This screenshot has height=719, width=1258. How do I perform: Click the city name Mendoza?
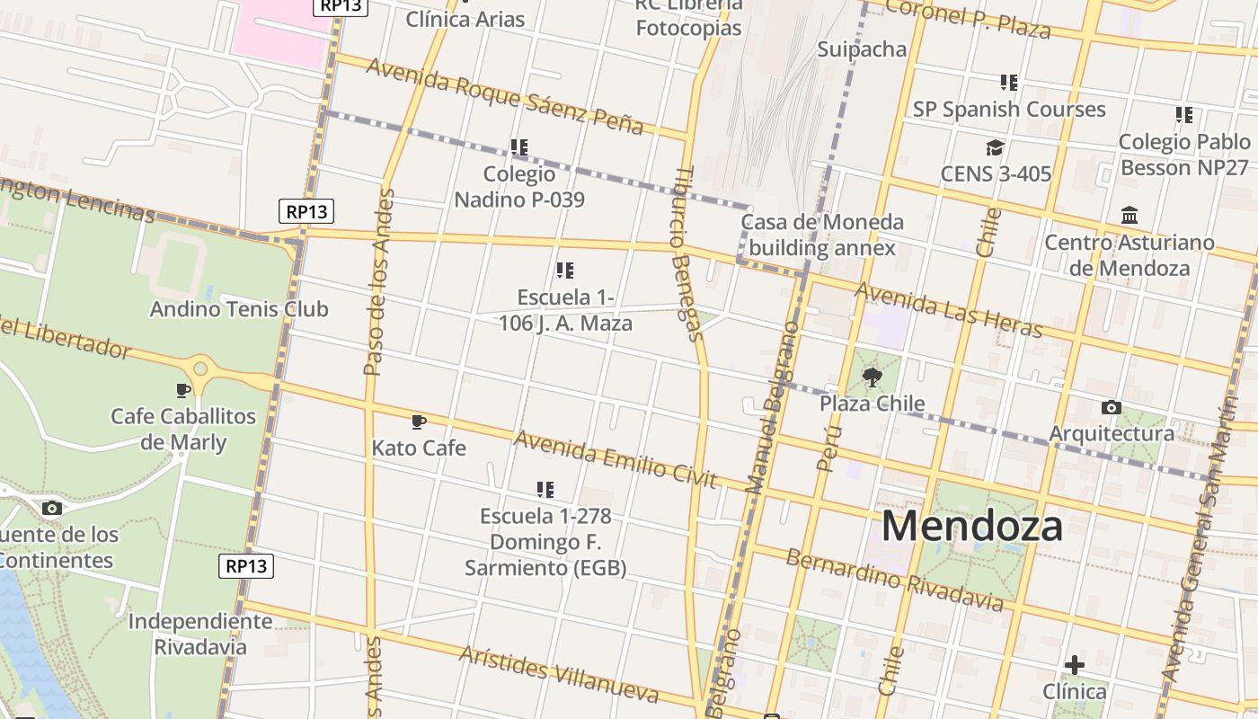(x=971, y=526)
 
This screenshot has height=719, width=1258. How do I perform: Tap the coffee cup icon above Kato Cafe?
(x=418, y=421)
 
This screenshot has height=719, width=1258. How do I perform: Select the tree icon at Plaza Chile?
(x=872, y=377)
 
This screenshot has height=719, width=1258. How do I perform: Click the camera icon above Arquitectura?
(x=1111, y=408)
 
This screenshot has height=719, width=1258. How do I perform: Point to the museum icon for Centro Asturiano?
(x=1130, y=216)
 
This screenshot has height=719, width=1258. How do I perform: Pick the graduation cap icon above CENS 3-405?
(x=995, y=147)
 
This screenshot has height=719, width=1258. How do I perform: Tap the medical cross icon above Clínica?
(x=1074, y=665)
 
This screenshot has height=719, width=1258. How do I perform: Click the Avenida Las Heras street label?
(x=948, y=310)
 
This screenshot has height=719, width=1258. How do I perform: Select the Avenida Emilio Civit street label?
(x=616, y=459)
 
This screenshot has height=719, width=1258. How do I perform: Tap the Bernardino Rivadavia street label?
(x=894, y=580)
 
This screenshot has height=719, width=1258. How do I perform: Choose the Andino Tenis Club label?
(x=239, y=309)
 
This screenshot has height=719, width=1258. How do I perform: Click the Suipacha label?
(x=862, y=49)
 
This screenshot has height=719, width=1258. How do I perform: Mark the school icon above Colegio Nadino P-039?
(x=518, y=146)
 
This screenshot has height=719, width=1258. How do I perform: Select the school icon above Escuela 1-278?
(x=545, y=490)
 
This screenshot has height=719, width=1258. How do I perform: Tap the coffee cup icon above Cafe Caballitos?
(x=183, y=390)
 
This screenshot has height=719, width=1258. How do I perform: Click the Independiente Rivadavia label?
(x=200, y=634)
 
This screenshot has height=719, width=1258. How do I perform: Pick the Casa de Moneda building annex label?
(x=822, y=235)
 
